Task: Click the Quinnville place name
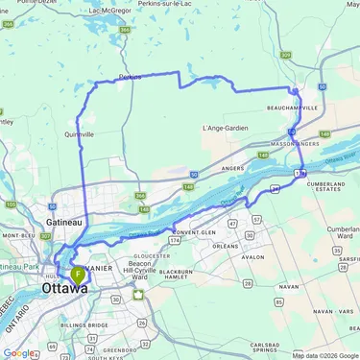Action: coord(78,135)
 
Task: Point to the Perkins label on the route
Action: coord(131,76)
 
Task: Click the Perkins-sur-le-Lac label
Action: coord(191,4)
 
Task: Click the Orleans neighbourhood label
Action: coord(224,246)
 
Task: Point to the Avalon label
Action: coord(252,257)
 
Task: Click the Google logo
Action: coord(18,352)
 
